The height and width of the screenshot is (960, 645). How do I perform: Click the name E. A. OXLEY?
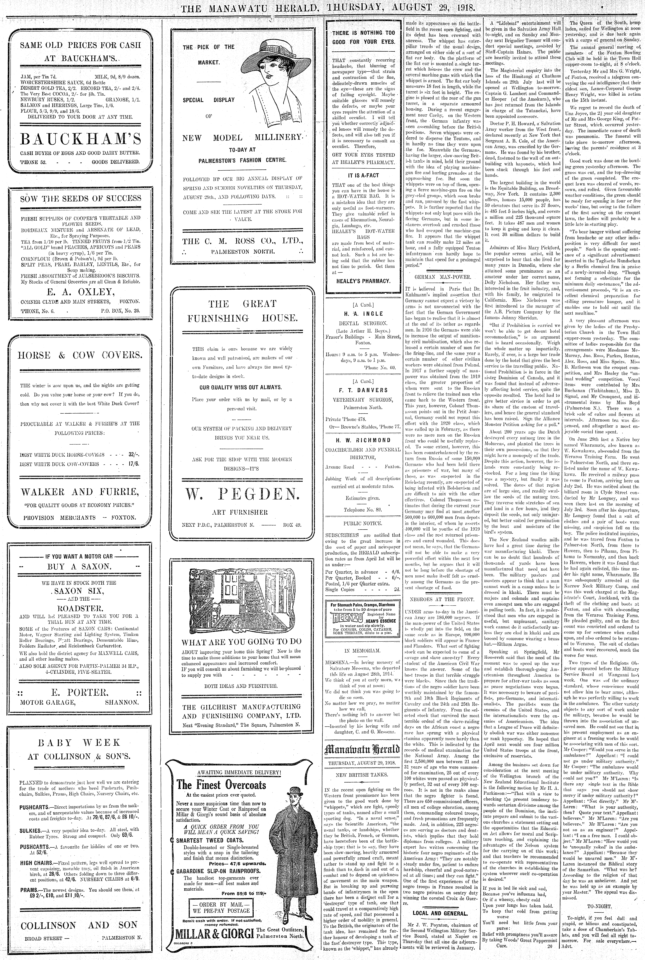81,280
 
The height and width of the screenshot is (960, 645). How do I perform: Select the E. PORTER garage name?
81,692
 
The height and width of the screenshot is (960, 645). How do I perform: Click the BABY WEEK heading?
79,743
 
